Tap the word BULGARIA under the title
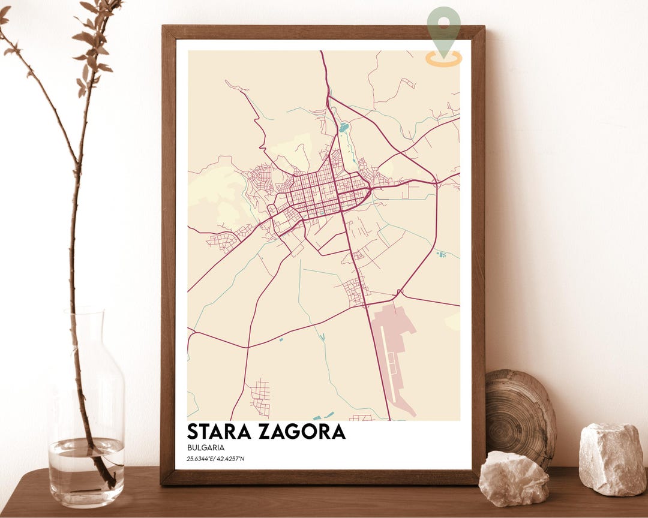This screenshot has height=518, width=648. pos(205,447)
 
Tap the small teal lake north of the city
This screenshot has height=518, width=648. pos(343,127)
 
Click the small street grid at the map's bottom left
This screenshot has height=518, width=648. pos(260,396)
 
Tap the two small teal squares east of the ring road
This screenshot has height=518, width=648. pos(442,255)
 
